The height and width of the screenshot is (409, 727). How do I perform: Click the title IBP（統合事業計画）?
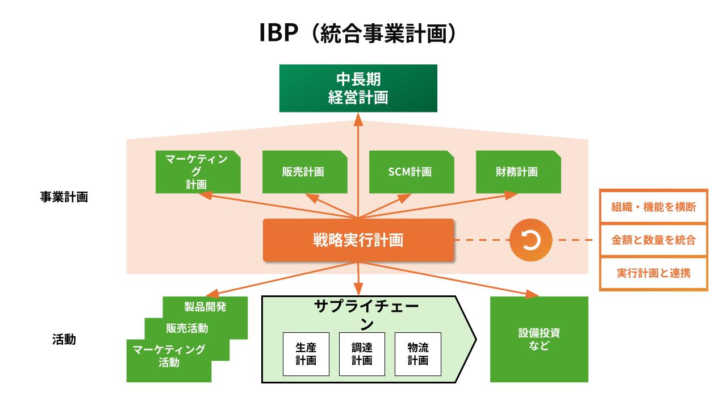358,34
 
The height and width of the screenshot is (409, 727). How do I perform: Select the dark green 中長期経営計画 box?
358,88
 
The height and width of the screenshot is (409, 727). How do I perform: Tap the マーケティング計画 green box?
198,172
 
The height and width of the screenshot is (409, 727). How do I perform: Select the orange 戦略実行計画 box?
358,240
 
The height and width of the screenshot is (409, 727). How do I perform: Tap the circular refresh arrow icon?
530,240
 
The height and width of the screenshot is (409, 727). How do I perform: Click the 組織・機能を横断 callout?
653,207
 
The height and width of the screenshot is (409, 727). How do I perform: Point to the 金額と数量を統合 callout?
653,240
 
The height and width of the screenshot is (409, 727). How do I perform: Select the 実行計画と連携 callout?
653,273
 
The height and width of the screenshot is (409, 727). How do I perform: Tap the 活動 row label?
64,340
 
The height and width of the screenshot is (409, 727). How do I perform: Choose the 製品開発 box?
206,307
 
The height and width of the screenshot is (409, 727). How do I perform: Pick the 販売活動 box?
187,328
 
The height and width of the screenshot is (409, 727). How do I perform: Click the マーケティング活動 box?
169,356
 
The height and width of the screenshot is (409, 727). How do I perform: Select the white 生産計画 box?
306,353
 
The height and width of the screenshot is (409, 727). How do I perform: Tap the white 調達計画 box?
361,353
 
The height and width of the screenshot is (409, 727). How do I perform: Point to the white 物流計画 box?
417,353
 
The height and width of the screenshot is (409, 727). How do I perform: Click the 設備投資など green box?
539,339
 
